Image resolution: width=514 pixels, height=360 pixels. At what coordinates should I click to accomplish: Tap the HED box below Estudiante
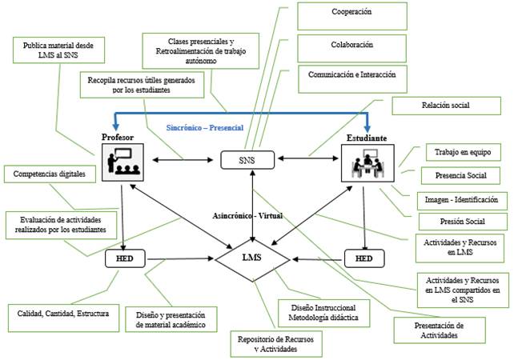click(364, 258)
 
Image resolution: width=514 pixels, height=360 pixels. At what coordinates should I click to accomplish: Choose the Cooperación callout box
click(350, 14)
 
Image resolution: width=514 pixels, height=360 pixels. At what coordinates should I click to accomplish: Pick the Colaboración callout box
click(350, 45)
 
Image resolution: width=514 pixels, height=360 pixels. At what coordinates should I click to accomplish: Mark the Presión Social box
click(461, 222)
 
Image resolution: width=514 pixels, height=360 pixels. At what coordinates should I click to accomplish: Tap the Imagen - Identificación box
click(460, 198)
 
